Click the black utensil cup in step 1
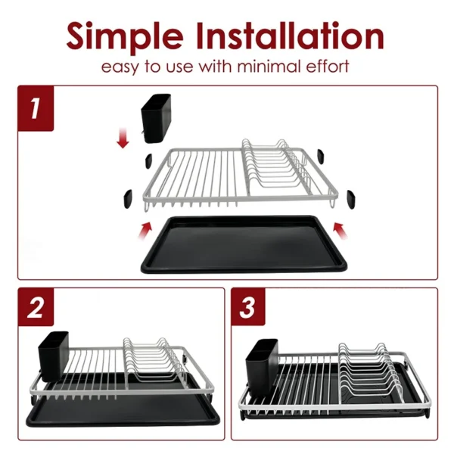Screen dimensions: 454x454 coord(158,120)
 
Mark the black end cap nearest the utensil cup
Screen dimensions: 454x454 coord(148,160)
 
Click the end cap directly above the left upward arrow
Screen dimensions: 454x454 coord(129,197)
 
